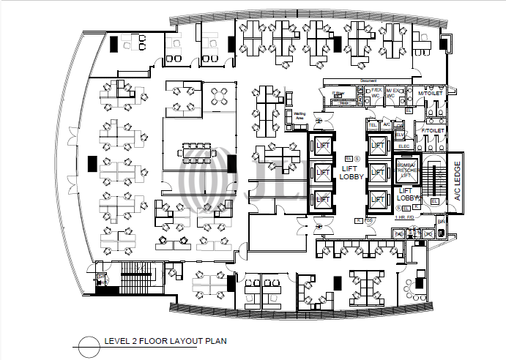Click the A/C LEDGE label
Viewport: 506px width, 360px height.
pyautogui.click(x=458, y=181)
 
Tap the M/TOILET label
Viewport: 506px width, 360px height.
pyautogui.click(x=432, y=94)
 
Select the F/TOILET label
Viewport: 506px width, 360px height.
pyautogui.click(x=432, y=131)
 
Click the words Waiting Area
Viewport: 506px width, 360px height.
pyautogui.click(x=299, y=115)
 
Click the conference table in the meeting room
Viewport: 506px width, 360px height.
pyautogui.click(x=196, y=154)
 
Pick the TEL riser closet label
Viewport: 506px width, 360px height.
pyautogui.click(x=372, y=125)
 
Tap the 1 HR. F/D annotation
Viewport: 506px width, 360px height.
pyautogui.click(x=404, y=217)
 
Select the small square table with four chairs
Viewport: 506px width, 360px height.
pyautogui.click(x=220, y=95)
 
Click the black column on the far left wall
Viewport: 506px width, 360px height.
pyautogui.click(x=92, y=165)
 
